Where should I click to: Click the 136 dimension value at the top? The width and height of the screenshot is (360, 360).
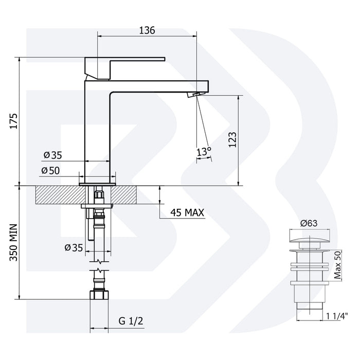pyautogui.click(x=147, y=30)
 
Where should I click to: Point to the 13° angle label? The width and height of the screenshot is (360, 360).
pyautogui.click(x=204, y=152)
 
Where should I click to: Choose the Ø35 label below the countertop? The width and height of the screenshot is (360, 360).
pyautogui.click(x=74, y=247)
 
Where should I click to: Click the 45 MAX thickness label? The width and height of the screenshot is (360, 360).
pyautogui.click(x=187, y=212)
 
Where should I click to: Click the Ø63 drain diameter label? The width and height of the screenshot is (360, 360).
pyautogui.click(x=307, y=224)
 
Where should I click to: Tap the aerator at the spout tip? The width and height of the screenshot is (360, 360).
pyautogui.click(x=194, y=95)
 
